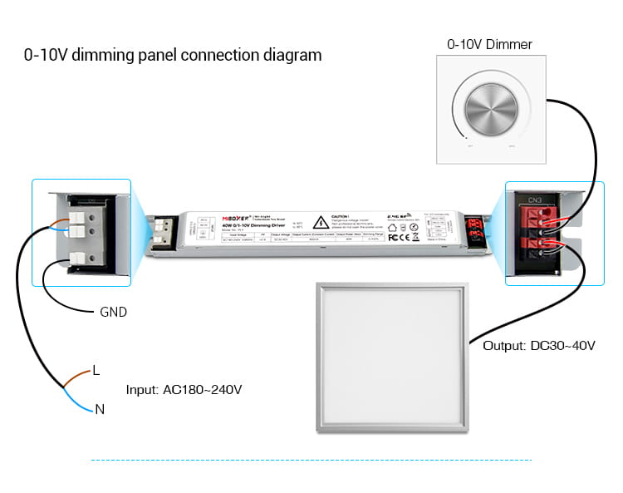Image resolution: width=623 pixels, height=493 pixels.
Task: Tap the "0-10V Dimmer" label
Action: (490, 44)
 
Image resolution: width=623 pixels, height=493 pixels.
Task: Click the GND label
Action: (113, 313)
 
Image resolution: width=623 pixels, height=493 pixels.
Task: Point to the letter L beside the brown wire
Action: (96, 371)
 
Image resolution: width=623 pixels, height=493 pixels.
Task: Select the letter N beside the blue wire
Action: (100, 409)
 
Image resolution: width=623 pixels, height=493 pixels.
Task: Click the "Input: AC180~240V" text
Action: (184, 389)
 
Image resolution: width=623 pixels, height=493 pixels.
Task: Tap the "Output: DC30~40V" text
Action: (539, 345)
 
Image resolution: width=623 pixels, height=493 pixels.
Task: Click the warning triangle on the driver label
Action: (318, 223)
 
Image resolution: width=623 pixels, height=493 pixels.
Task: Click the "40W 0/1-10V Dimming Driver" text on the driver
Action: (231, 226)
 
